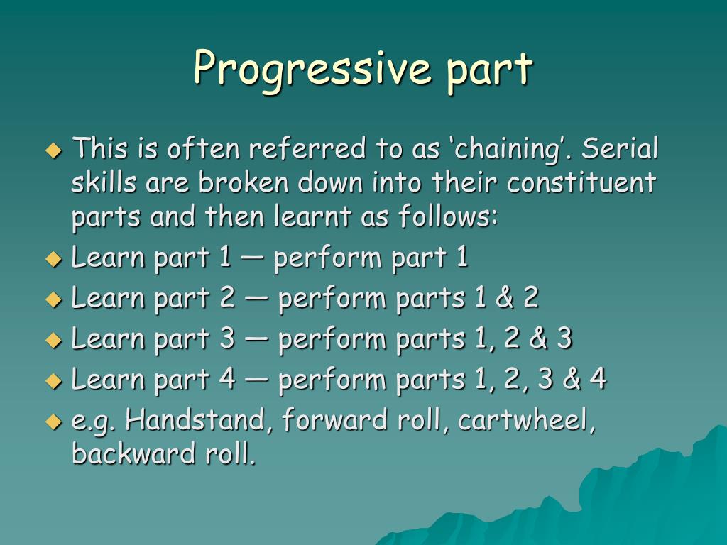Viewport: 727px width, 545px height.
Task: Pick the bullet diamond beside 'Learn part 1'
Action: pos(54,259)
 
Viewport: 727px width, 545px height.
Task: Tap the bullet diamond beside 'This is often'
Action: pos(54,151)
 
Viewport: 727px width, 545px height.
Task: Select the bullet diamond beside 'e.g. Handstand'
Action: pos(54,422)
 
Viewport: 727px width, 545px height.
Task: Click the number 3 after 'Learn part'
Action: pos(227,339)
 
